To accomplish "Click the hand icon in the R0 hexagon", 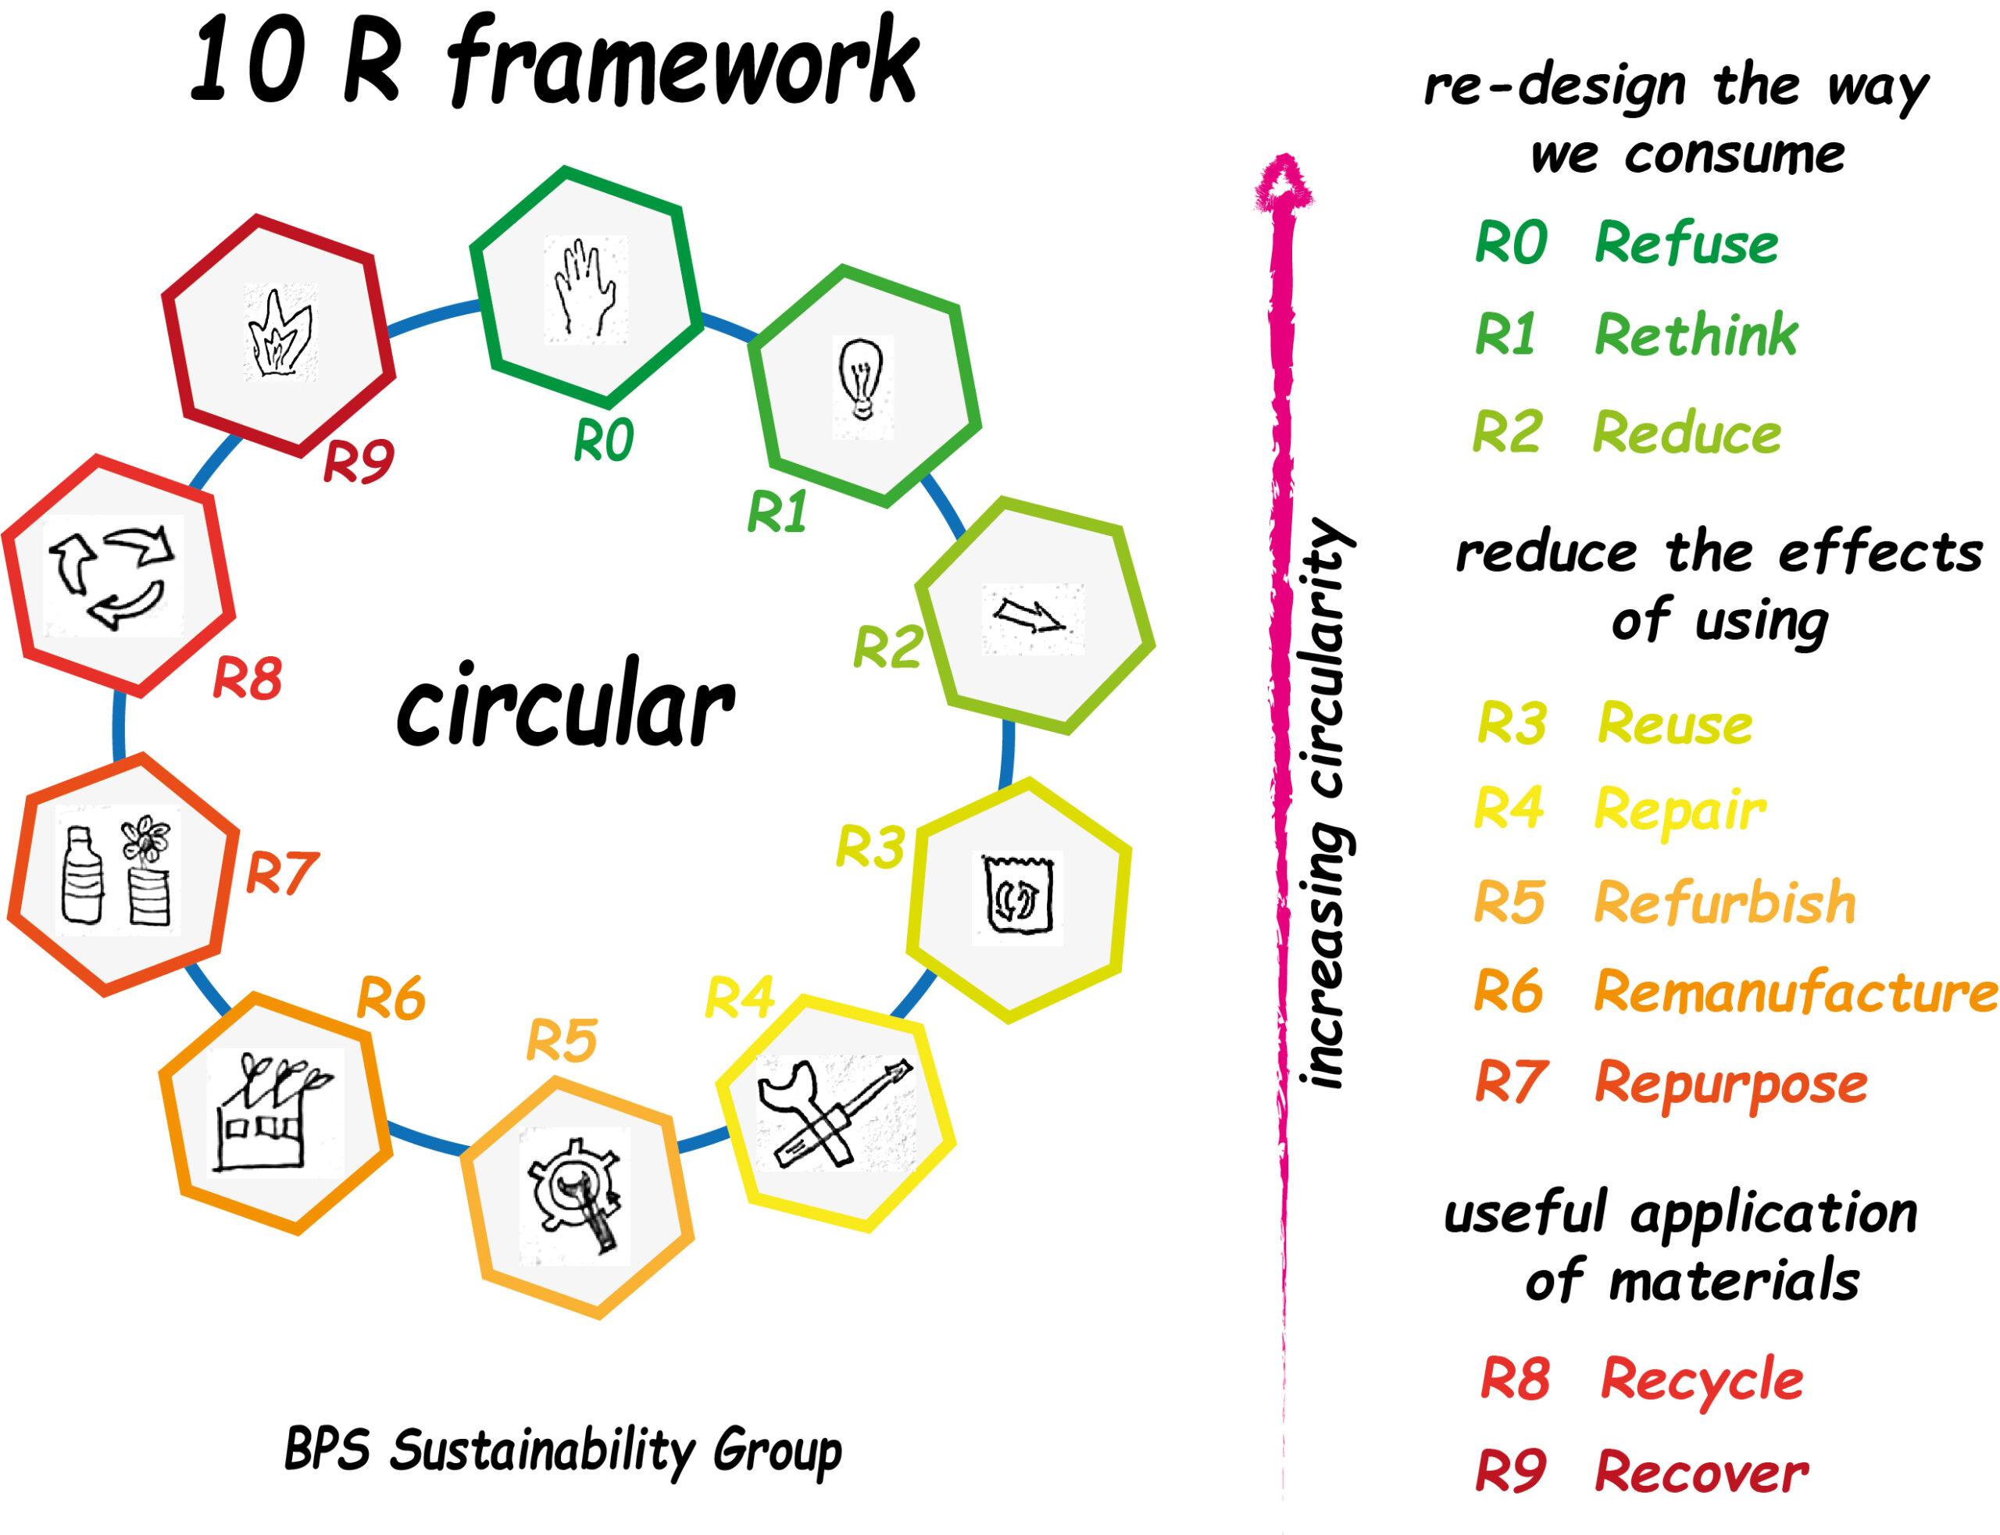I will coord(584,287).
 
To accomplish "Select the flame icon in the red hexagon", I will coord(280,334).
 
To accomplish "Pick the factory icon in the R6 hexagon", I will coord(273,1113).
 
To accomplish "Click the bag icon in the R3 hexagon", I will coord(1018,894).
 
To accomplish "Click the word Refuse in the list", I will coord(1686,244).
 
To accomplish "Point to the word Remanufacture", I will coord(1795,992).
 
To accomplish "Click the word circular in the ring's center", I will coord(566,706).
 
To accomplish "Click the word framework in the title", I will coord(684,62).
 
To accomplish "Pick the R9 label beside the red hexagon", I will coord(358,462).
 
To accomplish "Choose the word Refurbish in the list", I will coord(1725,903).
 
